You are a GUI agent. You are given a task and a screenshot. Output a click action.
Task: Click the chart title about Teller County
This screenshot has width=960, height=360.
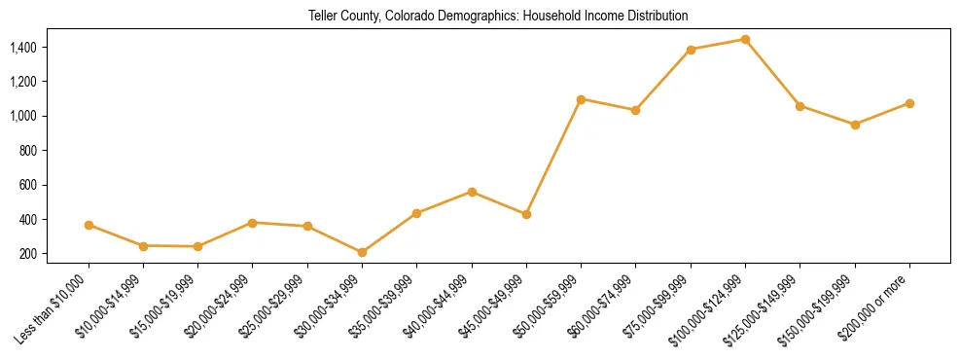coord(498,17)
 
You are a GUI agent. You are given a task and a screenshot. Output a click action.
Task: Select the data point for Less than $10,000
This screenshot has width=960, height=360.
coord(89,225)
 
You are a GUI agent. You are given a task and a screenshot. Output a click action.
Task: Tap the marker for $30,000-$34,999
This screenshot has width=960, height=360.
coord(362,252)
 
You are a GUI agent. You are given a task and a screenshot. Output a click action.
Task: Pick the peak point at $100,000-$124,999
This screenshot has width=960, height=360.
coord(745,40)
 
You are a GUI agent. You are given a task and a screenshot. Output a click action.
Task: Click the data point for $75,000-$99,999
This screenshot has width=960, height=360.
coord(691,50)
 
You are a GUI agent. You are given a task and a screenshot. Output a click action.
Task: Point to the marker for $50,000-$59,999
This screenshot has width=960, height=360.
coord(581,99)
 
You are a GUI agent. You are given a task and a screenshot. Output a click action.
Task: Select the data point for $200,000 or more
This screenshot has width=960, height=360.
coord(909,103)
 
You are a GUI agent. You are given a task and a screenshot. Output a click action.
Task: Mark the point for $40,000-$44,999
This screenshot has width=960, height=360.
coord(472,192)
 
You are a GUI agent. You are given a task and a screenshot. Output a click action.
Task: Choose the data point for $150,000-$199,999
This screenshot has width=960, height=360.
coord(855,125)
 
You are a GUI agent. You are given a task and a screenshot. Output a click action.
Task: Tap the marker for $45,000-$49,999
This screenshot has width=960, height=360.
coord(526,214)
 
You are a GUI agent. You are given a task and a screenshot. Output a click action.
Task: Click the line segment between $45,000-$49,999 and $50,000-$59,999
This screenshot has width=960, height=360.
coord(553,157)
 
